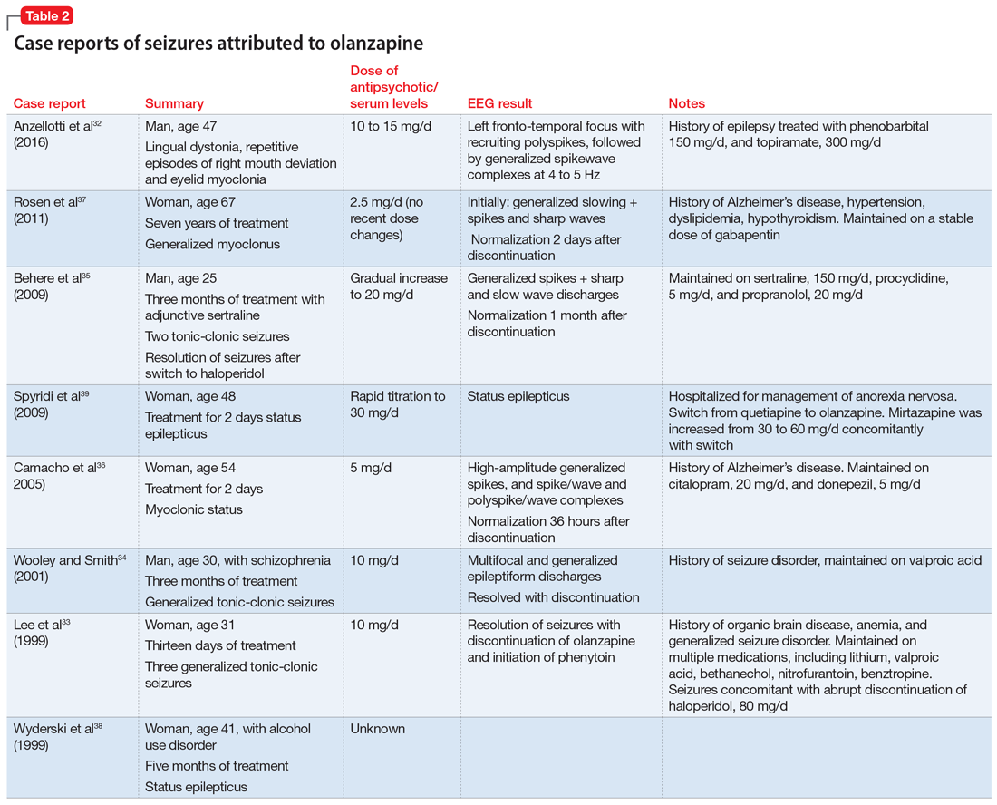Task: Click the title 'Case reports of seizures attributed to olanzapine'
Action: pyautogui.click(x=218, y=44)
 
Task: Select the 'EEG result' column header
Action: pyautogui.click(x=499, y=103)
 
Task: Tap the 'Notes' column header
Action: pyautogui.click(x=686, y=103)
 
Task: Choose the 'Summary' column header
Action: pyautogui.click(x=174, y=103)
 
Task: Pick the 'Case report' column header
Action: pyautogui.click(x=49, y=103)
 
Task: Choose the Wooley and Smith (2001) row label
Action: pyautogui.click(x=67, y=568)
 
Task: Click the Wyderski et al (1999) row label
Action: pyautogui.click(x=57, y=737)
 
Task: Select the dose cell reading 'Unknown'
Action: pyautogui.click(x=377, y=729)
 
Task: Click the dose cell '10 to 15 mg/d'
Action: pyautogui.click(x=391, y=126)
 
